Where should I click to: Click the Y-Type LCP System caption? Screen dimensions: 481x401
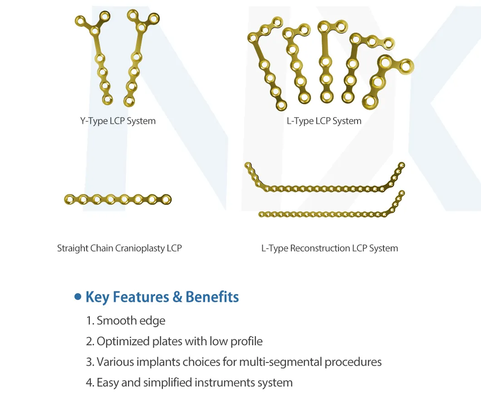coord(118,121)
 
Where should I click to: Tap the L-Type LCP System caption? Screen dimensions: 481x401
coord(324,121)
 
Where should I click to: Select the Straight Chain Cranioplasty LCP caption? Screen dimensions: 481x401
coord(119,248)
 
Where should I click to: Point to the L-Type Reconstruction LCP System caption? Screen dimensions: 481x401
coord(329,248)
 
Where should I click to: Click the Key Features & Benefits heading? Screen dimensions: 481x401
coord(162,297)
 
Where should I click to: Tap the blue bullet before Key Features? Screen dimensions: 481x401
coord(78,296)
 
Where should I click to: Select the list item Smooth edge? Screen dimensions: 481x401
coord(125,321)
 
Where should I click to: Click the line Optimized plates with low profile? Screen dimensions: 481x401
coord(174,341)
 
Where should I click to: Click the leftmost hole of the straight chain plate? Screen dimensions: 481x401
coord(69,199)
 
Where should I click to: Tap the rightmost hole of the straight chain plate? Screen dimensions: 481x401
coord(166,200)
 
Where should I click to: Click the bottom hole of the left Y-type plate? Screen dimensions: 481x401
coord(108,99)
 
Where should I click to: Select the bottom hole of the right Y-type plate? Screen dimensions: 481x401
coord(129,101)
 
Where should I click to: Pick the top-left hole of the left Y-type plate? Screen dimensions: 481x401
coord(80,21)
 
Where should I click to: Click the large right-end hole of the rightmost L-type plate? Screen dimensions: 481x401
coord(406,66)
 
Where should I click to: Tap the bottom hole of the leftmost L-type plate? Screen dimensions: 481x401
coord(281,105)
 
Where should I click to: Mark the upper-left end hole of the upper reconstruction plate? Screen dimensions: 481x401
coord(248,165)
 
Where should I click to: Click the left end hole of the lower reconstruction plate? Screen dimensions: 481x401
coord(261,214)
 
